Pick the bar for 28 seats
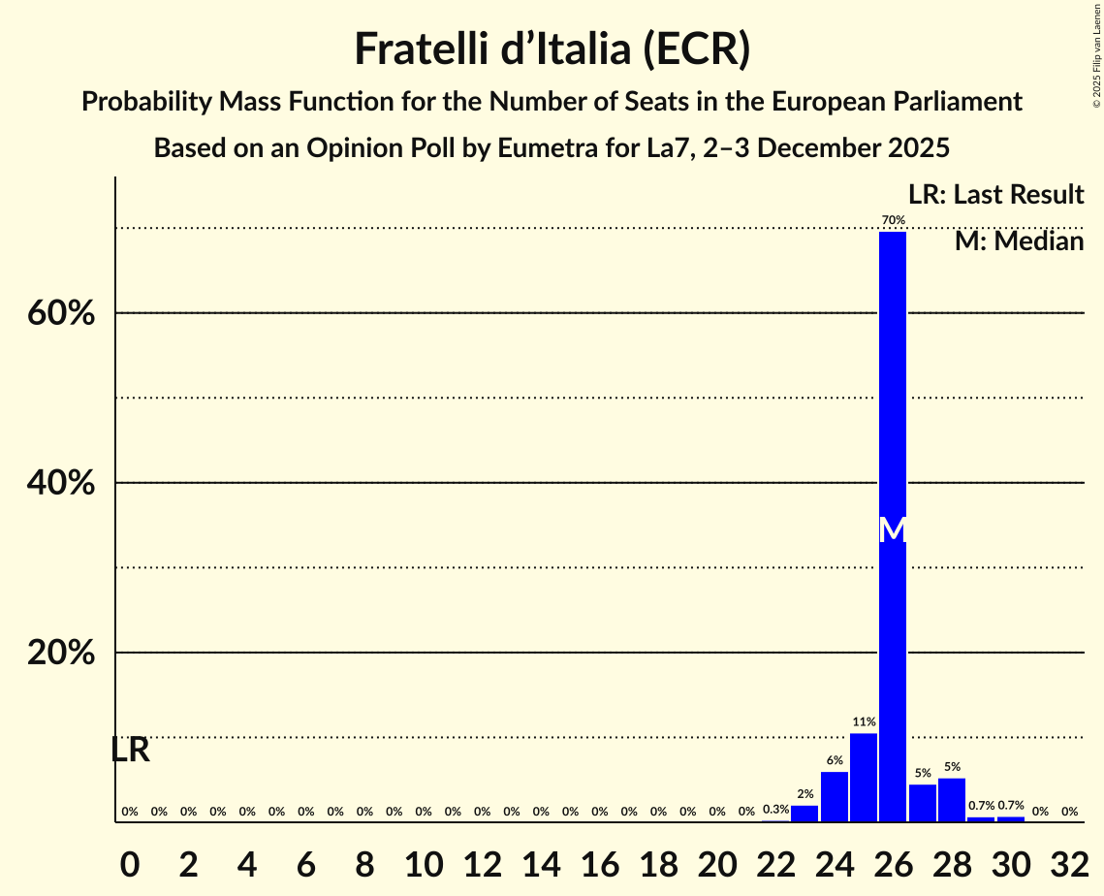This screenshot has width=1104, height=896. [952, 800]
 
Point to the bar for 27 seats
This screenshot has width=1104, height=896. [923, 803]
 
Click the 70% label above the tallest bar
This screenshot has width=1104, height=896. [893, 221]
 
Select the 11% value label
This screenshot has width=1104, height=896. [864, 722]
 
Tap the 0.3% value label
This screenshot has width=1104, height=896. [775, 810]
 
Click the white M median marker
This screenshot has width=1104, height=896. [893, 530]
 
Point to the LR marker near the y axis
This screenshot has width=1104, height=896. [130, 750]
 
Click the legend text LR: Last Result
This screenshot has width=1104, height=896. [995, 195]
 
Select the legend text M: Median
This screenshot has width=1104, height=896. [1019, 241]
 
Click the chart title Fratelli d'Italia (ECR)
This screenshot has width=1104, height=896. [552, 48]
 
